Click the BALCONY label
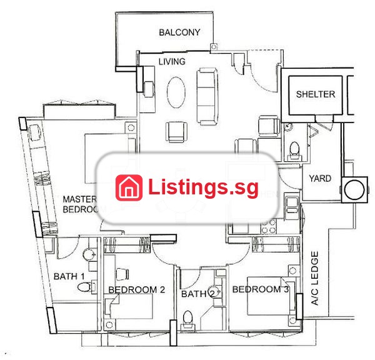pyautogui.click(x=179, y=32)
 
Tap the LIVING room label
pyautogui.click(x=172, y=61)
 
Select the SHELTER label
pyautogui.click(x=316, y=94)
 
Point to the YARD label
pyautogui.click(x=320, y=179)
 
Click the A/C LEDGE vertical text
pyautogui.click(x=315, y=278)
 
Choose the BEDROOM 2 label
pyautogui.click(x=136, y=289)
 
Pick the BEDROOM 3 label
pyautogui.click(x=261, y=289)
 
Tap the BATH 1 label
pyautogui.click(x=69, y=276)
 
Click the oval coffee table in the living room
pyautogui.click(x=176, y=92)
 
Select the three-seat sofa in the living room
pyautogui.click(x=207, y=96)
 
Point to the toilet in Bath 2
pyautogui.click(x=187, y=319)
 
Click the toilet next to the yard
pyautogui.click(x=294, y=151)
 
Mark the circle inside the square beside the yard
pyautogui.click(x=354, y=190)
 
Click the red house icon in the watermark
pyautogui.click(x=129, y=187)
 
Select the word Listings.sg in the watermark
pyautogui.click(x=203, y=187)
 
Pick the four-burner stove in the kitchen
pyautogui.click(x=269, y=226)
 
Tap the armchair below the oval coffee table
pyautogui.click(x=176, y=132)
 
